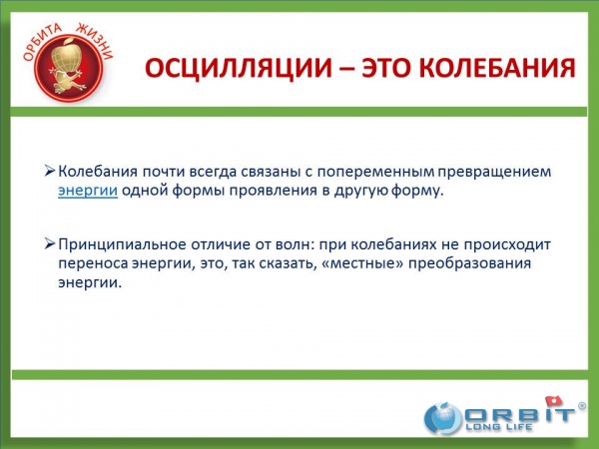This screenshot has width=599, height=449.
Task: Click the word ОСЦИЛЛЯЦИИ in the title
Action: (x=239, y=69)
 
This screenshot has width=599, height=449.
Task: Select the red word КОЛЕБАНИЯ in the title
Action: (x=497, y=68)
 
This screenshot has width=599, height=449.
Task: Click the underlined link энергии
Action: (x=88, y=191)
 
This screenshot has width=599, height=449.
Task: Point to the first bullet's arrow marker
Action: (x=50, y=171)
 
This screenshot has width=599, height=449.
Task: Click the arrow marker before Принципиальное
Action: (x=50, y=243)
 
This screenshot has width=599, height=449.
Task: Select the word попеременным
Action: (x=375, y=173)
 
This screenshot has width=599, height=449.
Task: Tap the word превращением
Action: (x=494, y=173)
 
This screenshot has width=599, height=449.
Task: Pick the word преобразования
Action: (x=469, y=263)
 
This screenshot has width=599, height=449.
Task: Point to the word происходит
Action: (x=507, y=244)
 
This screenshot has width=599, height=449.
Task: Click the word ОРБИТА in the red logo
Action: (x=42, y=41)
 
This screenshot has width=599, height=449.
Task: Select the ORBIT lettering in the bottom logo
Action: (x=520, y=415)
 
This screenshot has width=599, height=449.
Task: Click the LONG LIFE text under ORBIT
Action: (x=499, y=427)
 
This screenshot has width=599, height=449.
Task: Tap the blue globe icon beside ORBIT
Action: (x=443, y=418)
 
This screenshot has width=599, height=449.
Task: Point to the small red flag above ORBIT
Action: (x=554, y=400)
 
